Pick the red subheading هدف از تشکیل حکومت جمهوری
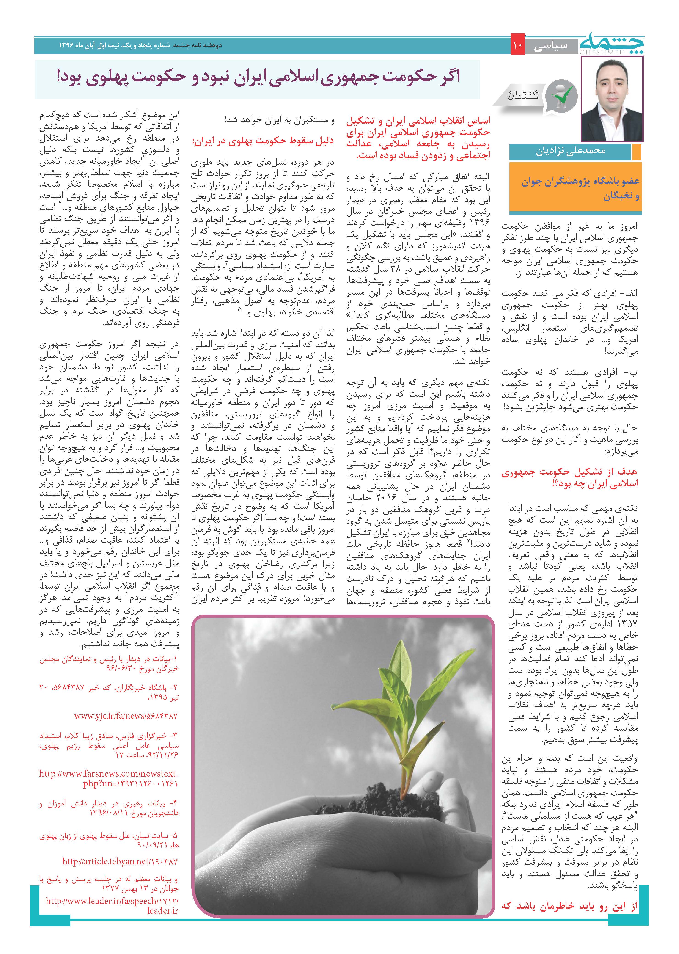pos(569,478)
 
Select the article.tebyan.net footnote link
pos(120,862)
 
